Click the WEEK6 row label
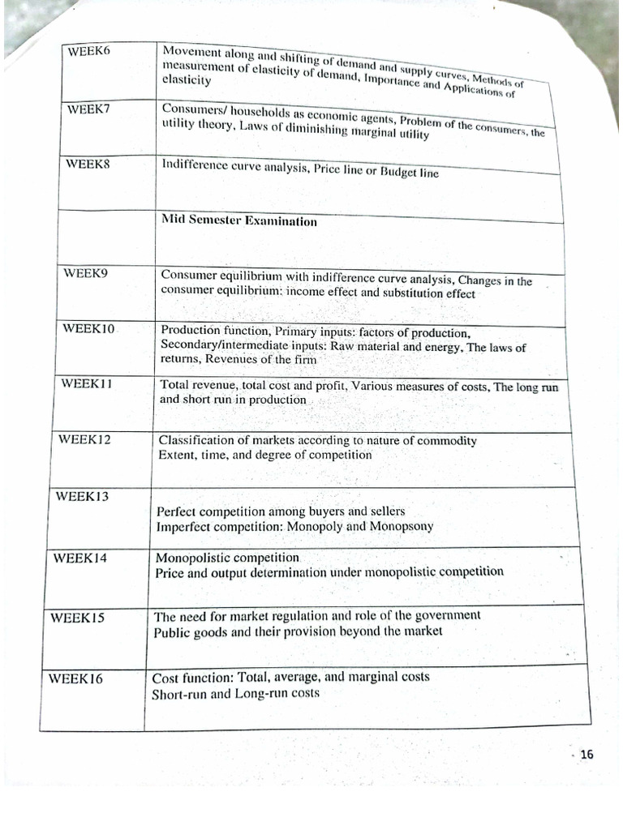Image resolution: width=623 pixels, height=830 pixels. click(x=89, y=51)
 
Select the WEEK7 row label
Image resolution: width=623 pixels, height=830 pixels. click(x=88, y=109)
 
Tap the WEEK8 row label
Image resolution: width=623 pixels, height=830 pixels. click(x=88, y=163)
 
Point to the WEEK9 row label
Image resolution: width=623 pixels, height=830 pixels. click(x=85, y=273)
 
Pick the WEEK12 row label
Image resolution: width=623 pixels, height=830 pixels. click(x=84, y=439)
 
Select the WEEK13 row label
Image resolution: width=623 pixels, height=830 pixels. click(x=82, y=496)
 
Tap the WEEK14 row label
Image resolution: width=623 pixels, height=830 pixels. click(x=80, y=557)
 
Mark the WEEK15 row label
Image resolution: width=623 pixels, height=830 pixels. click(x=78, y=617)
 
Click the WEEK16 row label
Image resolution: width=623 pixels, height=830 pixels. click(x=75, y=678)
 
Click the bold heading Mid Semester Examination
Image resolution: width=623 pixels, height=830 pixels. click(x=239, y=220)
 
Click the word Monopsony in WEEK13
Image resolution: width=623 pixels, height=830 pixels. click(x=403, y=526)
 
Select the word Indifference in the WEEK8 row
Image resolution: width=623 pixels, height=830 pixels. click(x=195, y=165)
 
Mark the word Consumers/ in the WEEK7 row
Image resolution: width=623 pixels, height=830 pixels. click(x=193, y=109)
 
